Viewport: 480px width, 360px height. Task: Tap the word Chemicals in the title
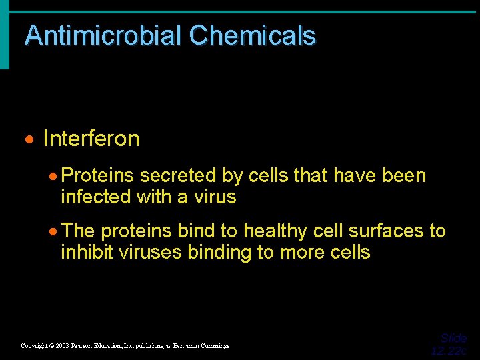click(x=253, y=35)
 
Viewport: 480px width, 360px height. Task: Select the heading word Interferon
click(x=91, y=139)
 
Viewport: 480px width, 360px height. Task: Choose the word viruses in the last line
click(x=150, y=252)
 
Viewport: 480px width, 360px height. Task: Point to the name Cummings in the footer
click(x=213, y=346)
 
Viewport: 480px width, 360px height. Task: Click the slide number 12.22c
click(x=449, y=351)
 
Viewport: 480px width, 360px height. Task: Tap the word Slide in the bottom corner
click(x=453, y=338)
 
